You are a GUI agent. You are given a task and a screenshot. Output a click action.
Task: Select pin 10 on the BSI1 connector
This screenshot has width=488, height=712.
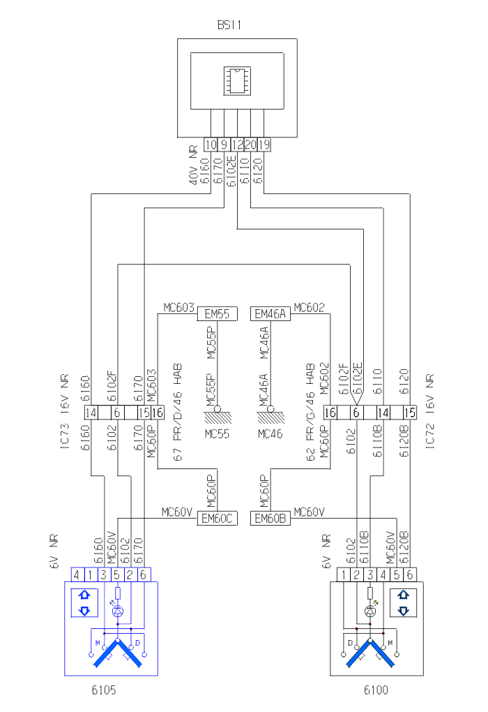[211, 144]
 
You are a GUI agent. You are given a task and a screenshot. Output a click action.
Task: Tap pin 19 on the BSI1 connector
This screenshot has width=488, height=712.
[264, 144]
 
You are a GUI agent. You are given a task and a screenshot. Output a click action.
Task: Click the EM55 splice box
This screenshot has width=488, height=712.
[217, 315]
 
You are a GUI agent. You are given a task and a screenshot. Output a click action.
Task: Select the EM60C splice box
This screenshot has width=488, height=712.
[218, 519]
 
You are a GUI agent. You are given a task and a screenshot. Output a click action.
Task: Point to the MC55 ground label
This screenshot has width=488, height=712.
[218, 433]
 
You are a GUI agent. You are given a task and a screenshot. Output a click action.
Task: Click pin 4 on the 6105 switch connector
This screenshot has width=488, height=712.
[78, 574]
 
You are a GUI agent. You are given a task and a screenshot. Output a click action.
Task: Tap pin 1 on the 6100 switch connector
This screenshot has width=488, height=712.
[344, 574]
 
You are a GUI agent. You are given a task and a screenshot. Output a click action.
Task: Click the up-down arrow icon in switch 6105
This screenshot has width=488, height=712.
[85, 603]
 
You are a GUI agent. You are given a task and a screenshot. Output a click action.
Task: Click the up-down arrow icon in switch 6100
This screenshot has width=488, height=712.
[402, 603]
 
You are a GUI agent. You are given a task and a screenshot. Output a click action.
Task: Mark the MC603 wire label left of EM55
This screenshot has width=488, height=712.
[178, 307]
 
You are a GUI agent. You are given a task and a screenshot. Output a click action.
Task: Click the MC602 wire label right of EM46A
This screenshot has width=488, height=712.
[308, 307]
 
